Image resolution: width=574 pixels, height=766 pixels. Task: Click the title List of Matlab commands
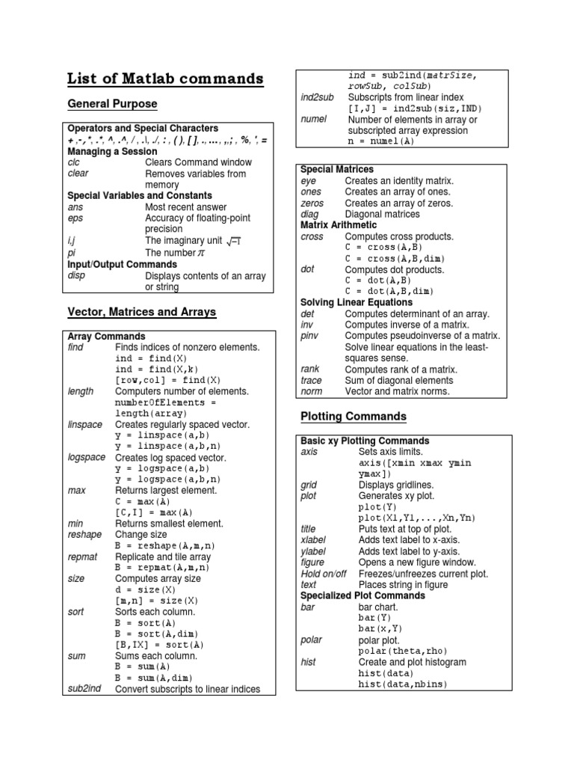click(x=165, y=79)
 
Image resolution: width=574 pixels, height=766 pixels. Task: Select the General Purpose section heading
click(x=112, y=103)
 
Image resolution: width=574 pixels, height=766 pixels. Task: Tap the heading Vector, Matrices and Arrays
click(x=141, y=311)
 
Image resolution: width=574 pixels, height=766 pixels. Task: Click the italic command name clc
click(x=73, y=162)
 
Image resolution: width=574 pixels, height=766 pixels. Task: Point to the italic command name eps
click(x=75, y=218)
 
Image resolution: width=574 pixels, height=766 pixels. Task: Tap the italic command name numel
click(x=313, y=119)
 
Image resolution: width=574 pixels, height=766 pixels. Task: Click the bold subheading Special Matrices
click(x=336, y=170)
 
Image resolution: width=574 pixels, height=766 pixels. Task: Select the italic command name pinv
click(x=310, y=336)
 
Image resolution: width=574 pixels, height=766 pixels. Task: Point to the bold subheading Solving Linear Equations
click(x=356, y=303)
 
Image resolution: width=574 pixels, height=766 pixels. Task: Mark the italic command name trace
click(x=312, y=380)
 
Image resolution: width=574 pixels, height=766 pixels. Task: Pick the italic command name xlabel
click(x=313, y=540)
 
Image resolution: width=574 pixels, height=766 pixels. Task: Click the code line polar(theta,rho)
click(x=407, y=652)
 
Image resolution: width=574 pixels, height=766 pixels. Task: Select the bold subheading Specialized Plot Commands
click(x=362, y=595)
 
